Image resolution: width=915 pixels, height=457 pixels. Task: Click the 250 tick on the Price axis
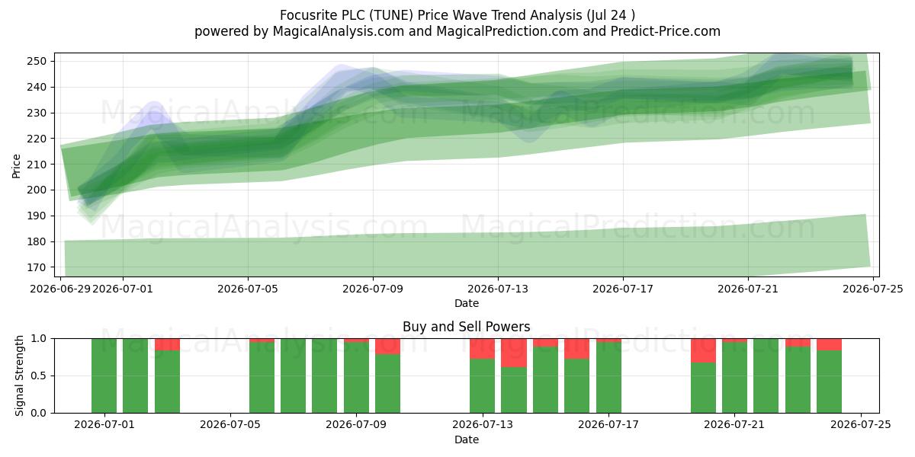[37, 61]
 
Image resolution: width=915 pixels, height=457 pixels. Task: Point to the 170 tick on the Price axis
[37, 267]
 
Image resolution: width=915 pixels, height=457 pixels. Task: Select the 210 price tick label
[37, 165]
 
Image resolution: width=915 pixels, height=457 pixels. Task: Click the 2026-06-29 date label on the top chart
[60, 289]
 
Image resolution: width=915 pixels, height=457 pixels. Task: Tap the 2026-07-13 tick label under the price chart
[497, 289]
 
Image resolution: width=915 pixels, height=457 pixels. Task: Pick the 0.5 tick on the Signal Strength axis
[39, 376]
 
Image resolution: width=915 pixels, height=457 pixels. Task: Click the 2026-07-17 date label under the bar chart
[608, 425]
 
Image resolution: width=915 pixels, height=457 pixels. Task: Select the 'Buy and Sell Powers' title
[467, 327]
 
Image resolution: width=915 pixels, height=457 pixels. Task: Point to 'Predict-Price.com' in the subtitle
[666, 31]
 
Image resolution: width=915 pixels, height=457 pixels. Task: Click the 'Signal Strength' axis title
[19, 376]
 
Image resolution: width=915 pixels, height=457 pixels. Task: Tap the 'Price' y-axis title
[16, 166]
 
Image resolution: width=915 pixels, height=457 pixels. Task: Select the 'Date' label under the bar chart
[467, 439]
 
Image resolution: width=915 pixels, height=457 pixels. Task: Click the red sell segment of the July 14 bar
[514, 353]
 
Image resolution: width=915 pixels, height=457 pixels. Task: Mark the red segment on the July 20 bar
[703, 350]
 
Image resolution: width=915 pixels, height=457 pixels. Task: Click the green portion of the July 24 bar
[830, 382]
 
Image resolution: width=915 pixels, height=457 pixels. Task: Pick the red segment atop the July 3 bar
[167, 344]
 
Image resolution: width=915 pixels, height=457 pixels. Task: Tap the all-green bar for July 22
[766, 376]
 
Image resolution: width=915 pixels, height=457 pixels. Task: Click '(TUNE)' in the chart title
[391, 15]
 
